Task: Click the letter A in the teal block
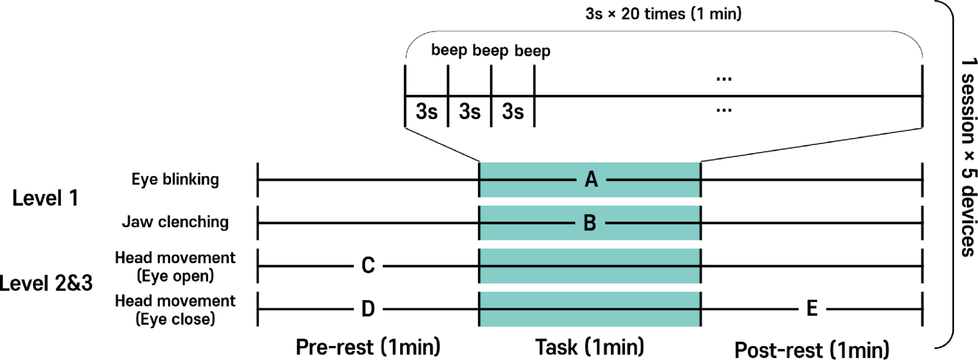tap(591, 180)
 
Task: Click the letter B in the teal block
tap(590, 223)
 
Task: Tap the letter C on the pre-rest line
tap(368, 266)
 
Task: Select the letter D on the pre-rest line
tap(368, 309)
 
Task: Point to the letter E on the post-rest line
tap(812, 308)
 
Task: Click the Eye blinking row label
tap(175, 179)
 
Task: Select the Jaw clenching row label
tap(175, 222)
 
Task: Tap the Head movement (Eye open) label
tap(175, 266)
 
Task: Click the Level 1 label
tap(45, 198)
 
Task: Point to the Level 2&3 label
tap(46, 283)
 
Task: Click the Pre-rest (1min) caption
tap(368, 347)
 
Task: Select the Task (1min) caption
tap(590, 347)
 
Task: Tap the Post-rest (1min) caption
tap(812, 350)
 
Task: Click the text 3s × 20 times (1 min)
tap(663, 14)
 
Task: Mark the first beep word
tap(449, 50)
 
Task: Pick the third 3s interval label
tap(513, 112)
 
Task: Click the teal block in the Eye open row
tap(590, 266)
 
